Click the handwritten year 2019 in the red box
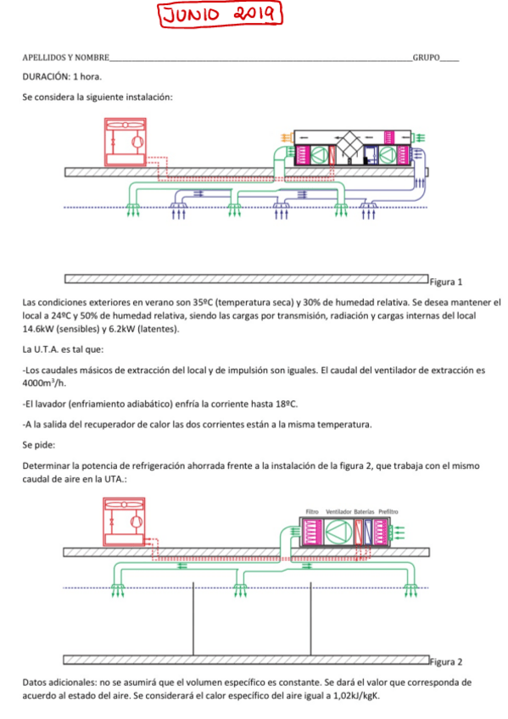pos(254,14)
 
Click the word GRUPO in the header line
pos(426,58)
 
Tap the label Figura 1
pos(445,282)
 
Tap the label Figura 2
pos(445,662)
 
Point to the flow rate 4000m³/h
pos(44,383)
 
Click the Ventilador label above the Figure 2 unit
pos(338,512)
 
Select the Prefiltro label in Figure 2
pos(388,512)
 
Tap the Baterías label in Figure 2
pos(364,512)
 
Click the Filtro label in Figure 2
pos(312,512)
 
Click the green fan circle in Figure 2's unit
pos(338,532)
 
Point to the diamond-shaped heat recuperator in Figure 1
pos(350,146)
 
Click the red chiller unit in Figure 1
pos(126,142)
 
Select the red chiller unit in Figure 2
pos(125,521)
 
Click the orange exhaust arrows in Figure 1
pos(286,137)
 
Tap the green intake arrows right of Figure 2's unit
pos(398,532)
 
